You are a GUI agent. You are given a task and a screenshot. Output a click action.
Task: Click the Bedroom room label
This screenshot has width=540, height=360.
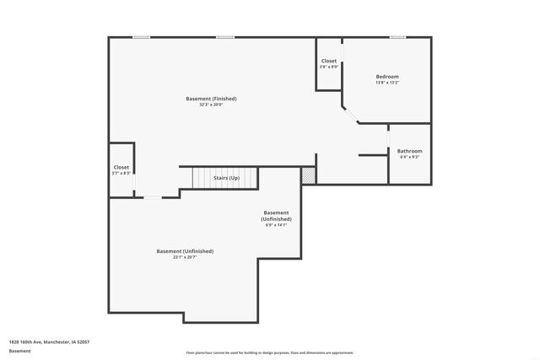click(x=387, y=77)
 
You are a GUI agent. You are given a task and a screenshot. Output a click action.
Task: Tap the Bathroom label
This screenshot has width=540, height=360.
click(x=409, y=151)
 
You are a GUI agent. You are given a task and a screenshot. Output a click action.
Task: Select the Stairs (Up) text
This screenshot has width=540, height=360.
click(x=226, y=178)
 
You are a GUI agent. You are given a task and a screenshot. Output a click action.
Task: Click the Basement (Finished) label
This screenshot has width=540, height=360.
click(x=211, y=99)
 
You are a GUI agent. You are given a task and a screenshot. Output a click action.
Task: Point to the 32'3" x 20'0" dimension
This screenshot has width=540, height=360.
click(x=211, y=105)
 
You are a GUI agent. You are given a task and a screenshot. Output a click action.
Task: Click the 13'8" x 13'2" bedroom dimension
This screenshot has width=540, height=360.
click(x=387, y=83)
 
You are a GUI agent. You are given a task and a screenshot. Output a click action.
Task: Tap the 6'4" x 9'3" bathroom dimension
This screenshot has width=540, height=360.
click(x=409, y=157)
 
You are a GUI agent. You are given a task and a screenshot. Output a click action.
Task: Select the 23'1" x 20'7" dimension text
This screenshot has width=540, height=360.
click(x=185, y=257)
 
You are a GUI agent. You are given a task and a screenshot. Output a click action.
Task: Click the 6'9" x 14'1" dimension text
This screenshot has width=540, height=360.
click(x=277, y=225)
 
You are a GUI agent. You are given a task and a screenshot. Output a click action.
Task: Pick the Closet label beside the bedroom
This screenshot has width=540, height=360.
click(x=329, y=61)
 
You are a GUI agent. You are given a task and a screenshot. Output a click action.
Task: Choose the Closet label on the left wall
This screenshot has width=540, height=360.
click(x=121, y=167)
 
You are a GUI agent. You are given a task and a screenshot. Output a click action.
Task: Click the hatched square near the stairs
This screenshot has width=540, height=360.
click(x=309, y=175)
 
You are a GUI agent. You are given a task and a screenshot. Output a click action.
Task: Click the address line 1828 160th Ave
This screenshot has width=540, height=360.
click(x=50, y=341)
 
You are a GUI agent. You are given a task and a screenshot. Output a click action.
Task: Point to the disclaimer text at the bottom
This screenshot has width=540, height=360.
click(x=270, y=352)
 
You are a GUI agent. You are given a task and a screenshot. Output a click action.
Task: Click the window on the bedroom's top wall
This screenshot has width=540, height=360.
click(x=397, y=37)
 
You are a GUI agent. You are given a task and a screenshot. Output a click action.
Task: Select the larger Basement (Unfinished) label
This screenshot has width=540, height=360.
click(x=185, y=251)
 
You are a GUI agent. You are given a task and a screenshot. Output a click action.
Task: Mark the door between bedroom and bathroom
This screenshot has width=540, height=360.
click(x=388, y=138)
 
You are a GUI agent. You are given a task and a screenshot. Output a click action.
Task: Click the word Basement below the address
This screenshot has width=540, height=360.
click(x=19, y=351)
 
